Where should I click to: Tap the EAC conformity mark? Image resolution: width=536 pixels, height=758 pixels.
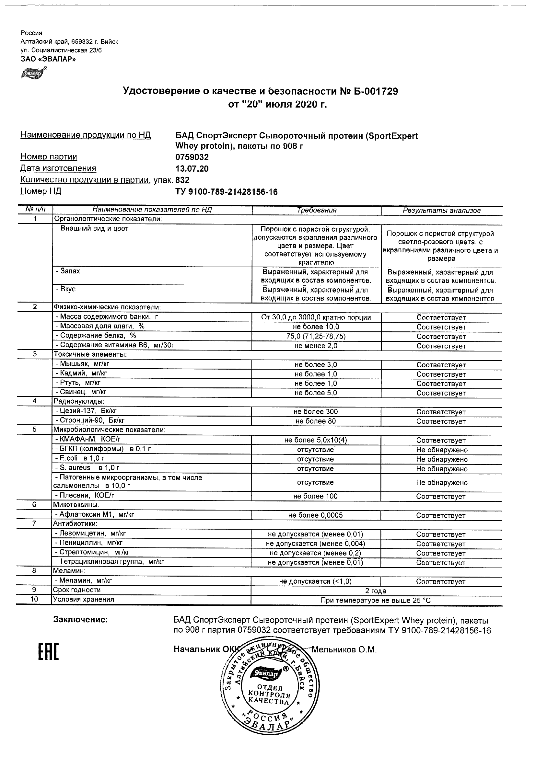pos(49,652)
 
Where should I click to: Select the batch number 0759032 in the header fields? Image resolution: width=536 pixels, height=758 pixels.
pos(192,157)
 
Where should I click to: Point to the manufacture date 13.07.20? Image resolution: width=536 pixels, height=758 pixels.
pos(192,169)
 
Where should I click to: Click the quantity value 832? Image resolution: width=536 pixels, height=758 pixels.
pos(183,180)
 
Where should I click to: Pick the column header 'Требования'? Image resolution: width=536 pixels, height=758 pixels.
pos(316,210)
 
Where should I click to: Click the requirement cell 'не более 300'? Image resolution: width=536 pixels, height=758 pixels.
pos(315,412)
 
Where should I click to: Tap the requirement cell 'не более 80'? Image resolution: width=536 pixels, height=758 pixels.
pos(315,421)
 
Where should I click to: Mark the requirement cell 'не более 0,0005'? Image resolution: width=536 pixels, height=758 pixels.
pos(315,515)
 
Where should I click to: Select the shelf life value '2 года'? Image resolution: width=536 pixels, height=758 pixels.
pos(376,591)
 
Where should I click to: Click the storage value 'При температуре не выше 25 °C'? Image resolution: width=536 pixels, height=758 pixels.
pos(376,601)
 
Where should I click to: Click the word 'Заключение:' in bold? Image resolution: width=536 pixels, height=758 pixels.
pos(81,620)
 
